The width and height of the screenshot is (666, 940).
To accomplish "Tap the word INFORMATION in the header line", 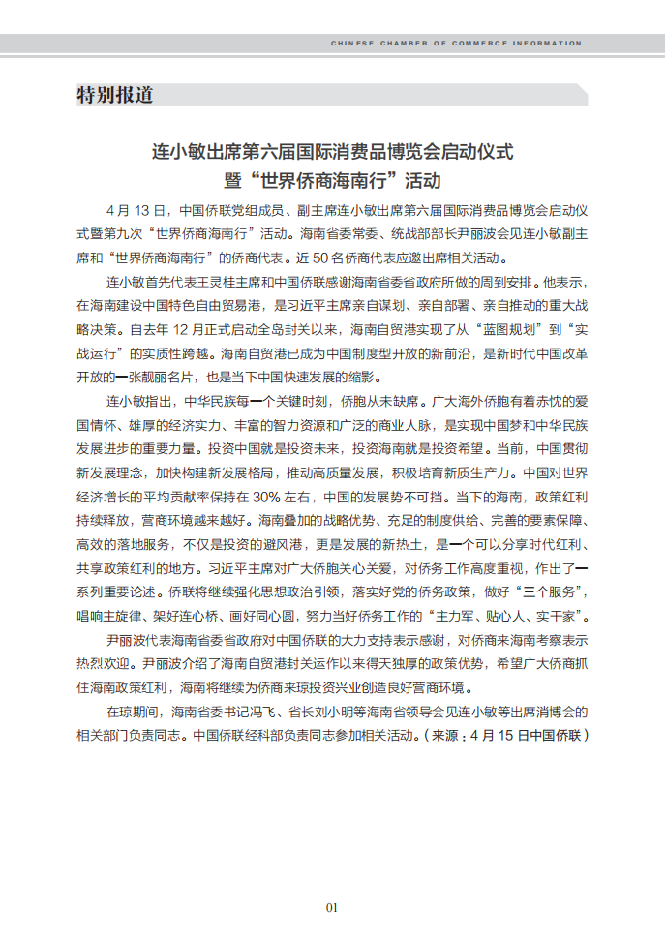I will (x=548, y=44).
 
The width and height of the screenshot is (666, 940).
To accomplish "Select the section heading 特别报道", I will (x=114, y=95).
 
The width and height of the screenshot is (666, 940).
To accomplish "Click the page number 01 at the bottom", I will (x=331, y=907).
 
